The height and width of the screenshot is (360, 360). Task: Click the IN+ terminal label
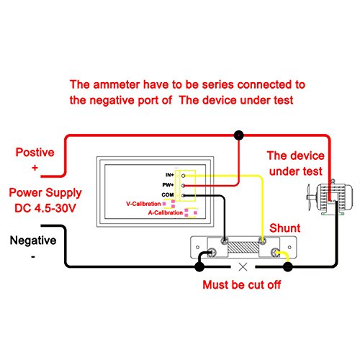tap(170, 175)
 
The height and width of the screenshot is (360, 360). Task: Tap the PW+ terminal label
tap(168, 185)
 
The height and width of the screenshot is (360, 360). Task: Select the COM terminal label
tap(168, 194)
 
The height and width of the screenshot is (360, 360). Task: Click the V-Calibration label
tap(143, 204)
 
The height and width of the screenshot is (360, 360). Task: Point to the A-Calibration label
tap(166, 212)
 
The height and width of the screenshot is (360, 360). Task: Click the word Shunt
tap(284, 228)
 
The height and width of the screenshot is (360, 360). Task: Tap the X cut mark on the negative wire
tap(243, 266)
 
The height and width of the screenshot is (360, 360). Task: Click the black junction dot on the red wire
tap(238, 135)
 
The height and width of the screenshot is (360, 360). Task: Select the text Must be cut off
tap(242, 285)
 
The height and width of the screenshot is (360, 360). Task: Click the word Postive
tap(35, 153)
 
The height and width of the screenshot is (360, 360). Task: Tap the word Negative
tap(33, 240)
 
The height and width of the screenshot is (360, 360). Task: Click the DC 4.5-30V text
tap(45, 208)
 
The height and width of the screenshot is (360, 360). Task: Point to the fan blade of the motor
tap(309, 197)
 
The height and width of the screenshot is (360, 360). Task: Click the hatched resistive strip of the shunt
tap(243, 247)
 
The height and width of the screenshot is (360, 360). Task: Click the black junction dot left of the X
tap(199, 266)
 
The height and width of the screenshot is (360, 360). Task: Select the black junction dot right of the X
tap(288, 266)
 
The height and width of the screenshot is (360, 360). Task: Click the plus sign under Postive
tap(35, 168)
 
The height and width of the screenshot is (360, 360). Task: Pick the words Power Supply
tap(45, 193)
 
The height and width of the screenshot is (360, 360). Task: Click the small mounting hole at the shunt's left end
tap(197, 247)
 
